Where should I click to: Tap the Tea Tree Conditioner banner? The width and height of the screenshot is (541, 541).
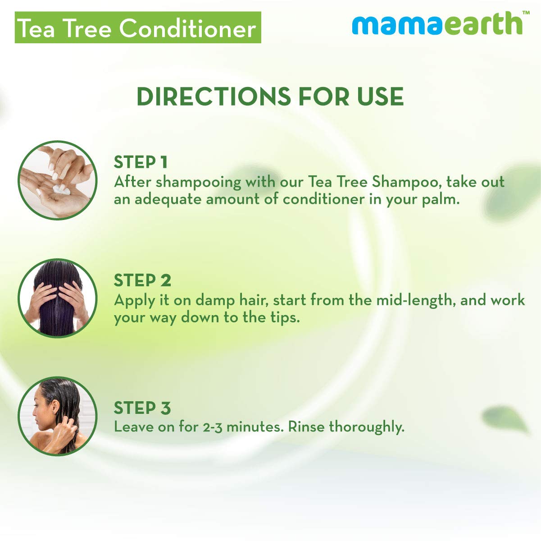(137, 28)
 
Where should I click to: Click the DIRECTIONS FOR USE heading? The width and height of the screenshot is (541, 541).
(270, 96)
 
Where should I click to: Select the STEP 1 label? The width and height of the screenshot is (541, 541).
(141, 162)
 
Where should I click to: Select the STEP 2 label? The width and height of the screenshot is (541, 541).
(142, 280)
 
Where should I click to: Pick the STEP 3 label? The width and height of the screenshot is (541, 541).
(142, 408)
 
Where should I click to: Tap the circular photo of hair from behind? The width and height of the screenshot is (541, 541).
(57, 298)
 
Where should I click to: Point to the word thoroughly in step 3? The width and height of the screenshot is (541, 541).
(367, 427)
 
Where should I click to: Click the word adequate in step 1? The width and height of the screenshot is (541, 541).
(166, 199)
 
